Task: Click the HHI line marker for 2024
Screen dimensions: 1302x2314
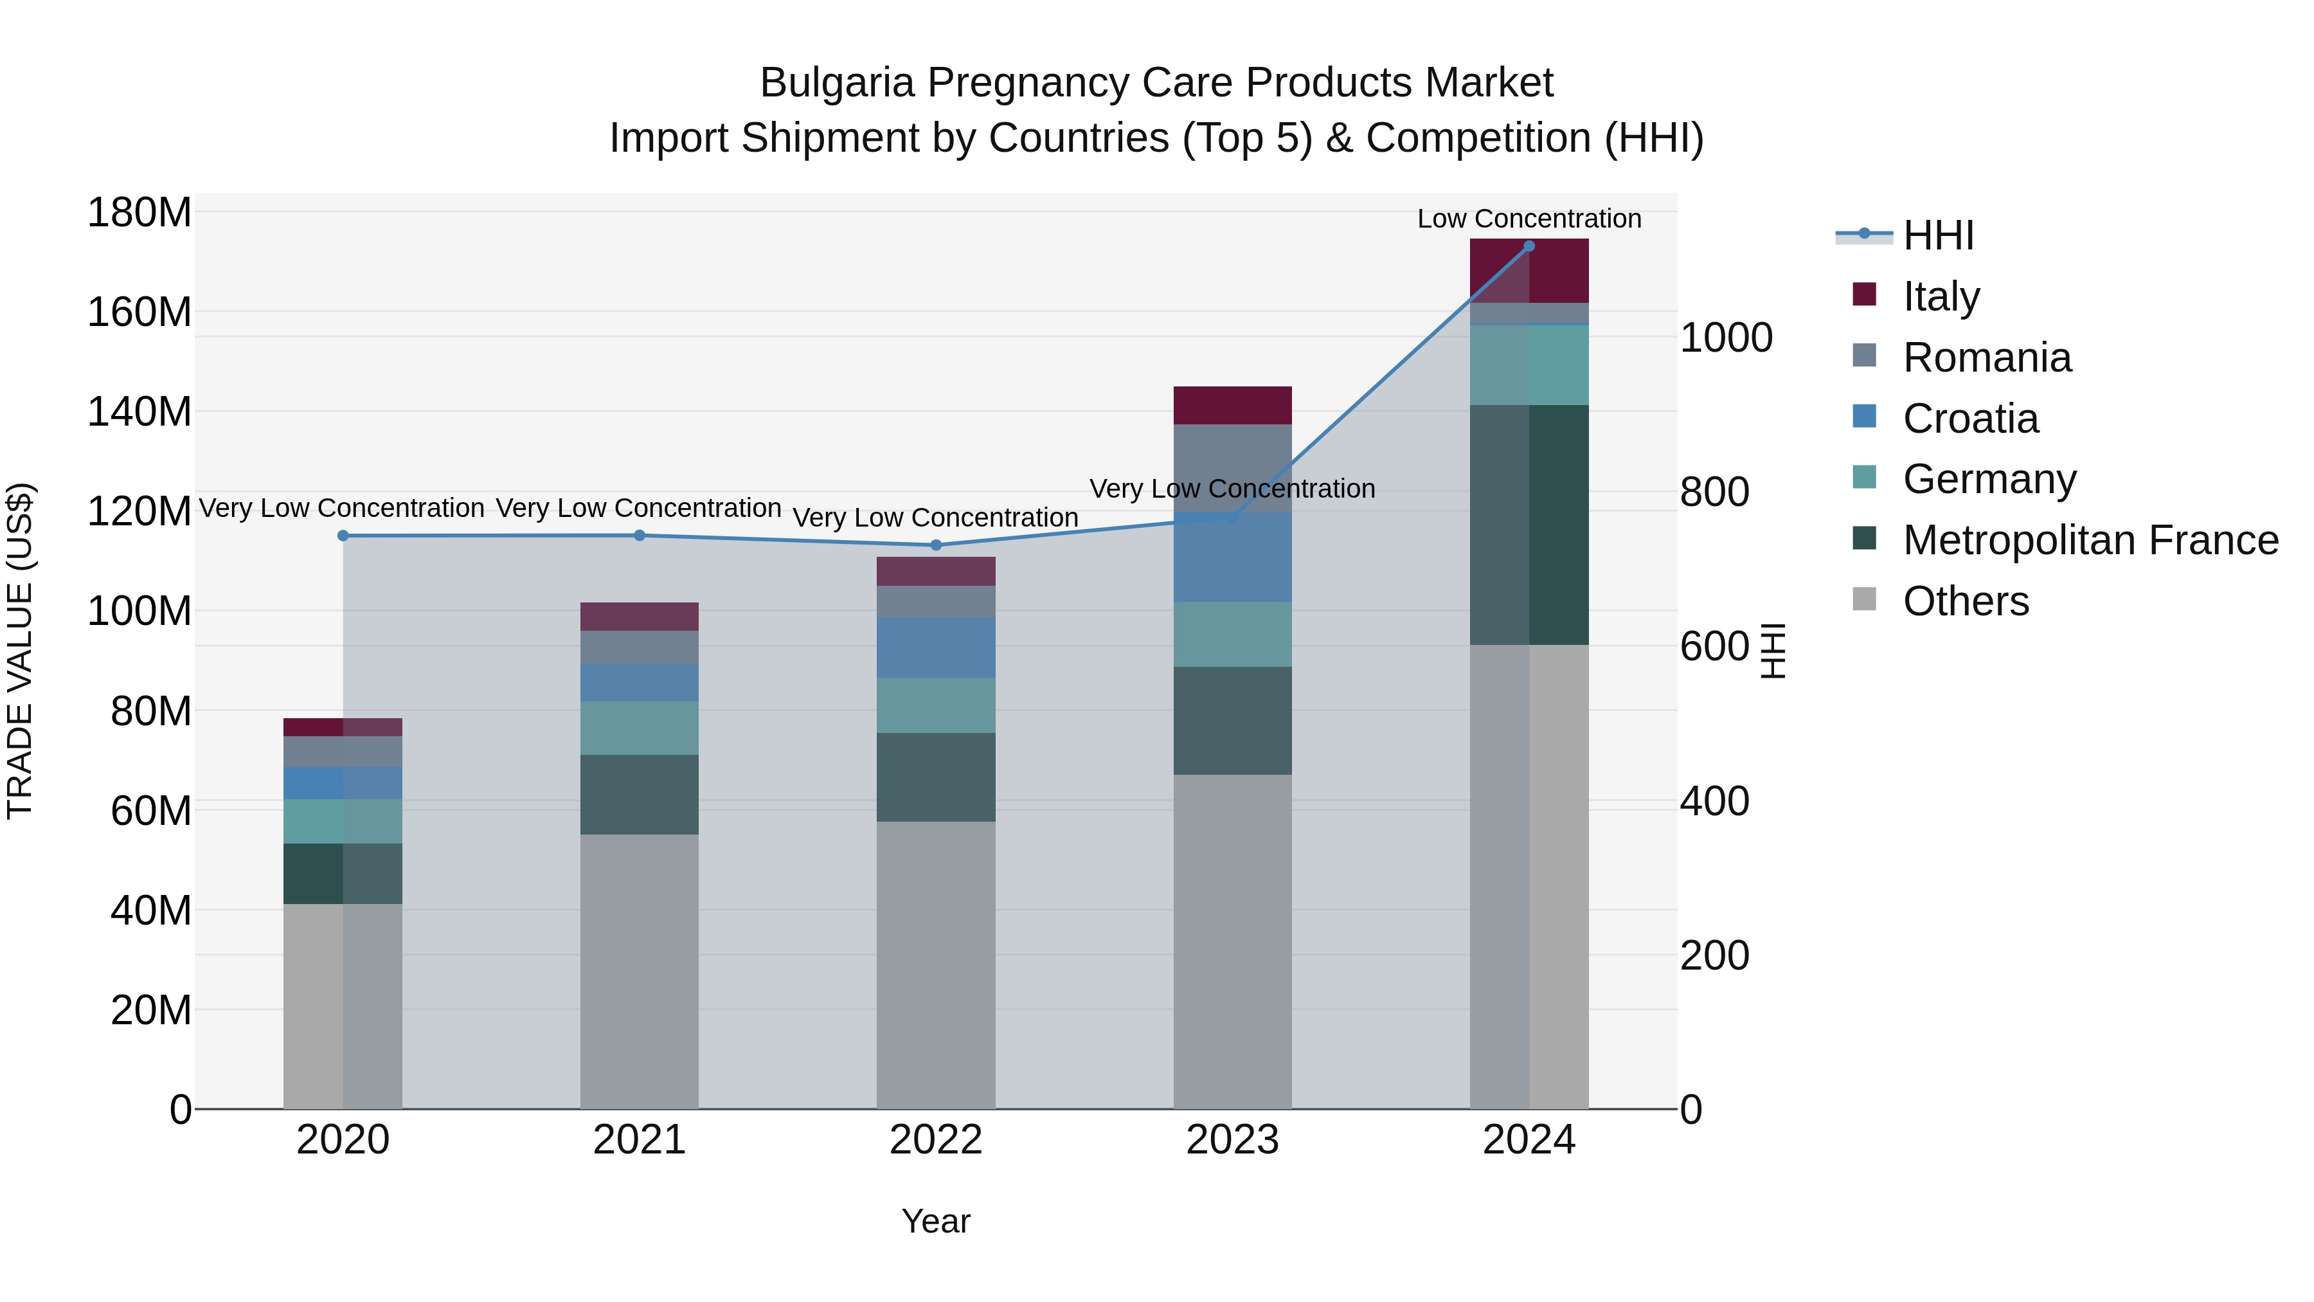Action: click(x=1529, y=246)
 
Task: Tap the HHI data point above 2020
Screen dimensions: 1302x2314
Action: click(x=343, y=536)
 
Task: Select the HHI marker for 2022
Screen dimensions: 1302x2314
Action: click(x=936, y=545)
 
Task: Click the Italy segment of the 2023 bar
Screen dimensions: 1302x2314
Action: click(x=1232, y=405)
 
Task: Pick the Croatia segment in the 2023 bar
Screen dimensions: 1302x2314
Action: click(x=1232, y=557)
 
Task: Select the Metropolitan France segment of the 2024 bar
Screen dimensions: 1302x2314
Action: click(x=1529, y=525)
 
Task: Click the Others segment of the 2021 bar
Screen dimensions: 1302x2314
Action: click(x=640, y=970)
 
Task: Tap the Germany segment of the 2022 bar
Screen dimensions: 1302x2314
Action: click(x=936, y=705)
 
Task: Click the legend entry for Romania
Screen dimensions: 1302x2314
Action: click(x=1986, y=357)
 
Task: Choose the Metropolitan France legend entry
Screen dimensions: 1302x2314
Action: click(x=2090, y=540)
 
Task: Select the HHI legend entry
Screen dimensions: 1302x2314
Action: click(x=1937, y=235)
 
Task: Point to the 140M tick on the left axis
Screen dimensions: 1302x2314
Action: click(x=139, y=412)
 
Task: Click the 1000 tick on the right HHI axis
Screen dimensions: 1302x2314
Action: click(x=1726, y=338)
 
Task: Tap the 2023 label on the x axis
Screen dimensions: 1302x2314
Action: click(x=1232, y=1140)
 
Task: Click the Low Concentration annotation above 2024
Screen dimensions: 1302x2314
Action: click(x=1529, y=219)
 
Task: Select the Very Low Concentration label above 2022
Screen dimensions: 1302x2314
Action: click(x=935, y=518)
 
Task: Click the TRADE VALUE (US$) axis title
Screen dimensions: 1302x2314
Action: click(x=20, y=651)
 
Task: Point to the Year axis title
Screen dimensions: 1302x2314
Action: click(x=935, y=1221)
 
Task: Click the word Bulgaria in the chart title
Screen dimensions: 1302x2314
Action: click(x=836, y=83)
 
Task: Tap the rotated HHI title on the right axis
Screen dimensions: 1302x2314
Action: click(x=1772, y=651)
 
